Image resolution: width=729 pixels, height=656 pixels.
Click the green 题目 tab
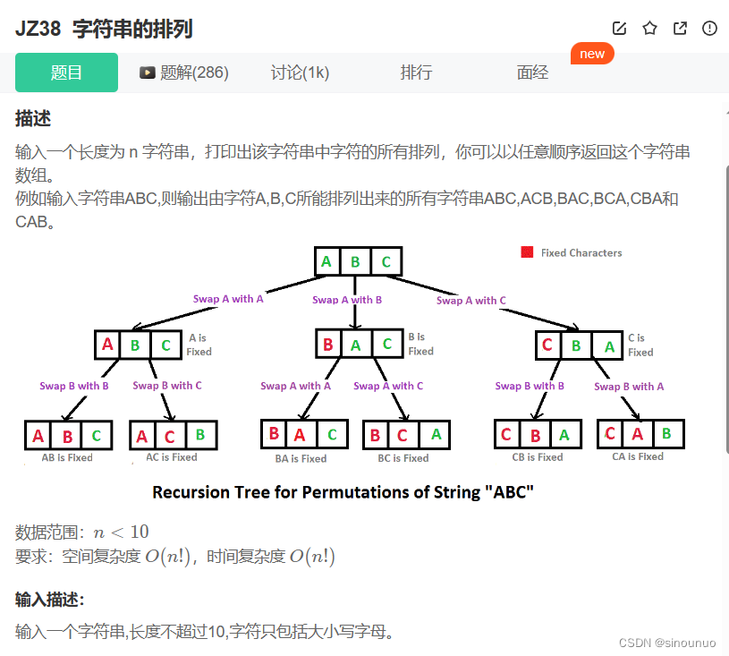click(x=66, y=72)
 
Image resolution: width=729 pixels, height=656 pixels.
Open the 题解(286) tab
click(x=184, y=72)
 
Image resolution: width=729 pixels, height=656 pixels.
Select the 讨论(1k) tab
click(x=300, y=72)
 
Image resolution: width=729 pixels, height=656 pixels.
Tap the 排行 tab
click(x=416, y=72)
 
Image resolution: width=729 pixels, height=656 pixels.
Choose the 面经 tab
click(x=532, y=72)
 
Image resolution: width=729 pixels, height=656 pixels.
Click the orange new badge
click(x=592, y=54)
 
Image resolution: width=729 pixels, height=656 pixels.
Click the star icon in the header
click(x=649, y=29)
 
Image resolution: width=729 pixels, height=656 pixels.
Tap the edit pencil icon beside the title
click(x=619, y=29)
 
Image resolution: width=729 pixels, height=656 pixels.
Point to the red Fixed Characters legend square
click(x=528, y=252)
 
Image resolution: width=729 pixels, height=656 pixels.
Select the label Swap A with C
click(x=471, y=301)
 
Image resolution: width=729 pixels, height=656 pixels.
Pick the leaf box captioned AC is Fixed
click(x=172, y=436)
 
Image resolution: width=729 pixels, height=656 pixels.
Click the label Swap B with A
click(x=629, y=387)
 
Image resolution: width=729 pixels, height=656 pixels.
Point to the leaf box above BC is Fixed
click(x=405, y=435)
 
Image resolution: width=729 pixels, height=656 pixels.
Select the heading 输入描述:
click(x=50, y=600)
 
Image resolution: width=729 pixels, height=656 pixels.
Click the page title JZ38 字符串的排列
click(x=104, y=29)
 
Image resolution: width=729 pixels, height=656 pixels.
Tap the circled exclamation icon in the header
click(x=710, y=29)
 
